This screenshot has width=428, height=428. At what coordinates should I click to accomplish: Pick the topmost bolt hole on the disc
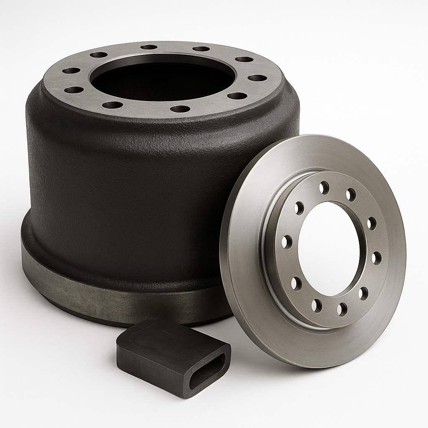(x=324, y=188)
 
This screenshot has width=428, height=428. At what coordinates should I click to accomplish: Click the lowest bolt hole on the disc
(x=342, y=309)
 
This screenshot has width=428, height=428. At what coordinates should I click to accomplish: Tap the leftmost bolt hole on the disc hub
(x=287, y=242)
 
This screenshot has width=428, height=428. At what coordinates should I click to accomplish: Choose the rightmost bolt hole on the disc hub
(x=377, y=257)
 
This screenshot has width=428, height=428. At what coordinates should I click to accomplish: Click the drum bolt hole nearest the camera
(x=180, y=109)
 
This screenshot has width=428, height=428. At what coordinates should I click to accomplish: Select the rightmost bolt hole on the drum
(x=257, y=78)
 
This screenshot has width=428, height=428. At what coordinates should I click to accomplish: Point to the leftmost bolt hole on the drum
(x=71, y=70)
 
